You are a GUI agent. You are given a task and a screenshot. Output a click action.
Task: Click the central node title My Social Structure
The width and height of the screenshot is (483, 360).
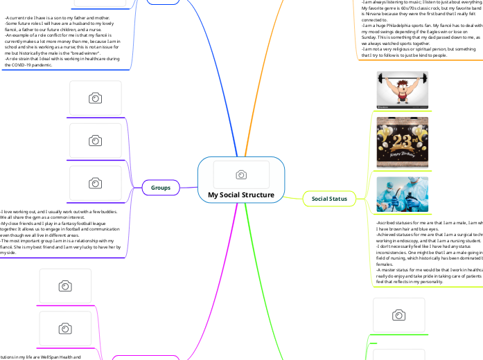(x=240, y=195)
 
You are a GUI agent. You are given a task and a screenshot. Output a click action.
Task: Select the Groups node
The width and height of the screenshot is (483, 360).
(x=161, y=187)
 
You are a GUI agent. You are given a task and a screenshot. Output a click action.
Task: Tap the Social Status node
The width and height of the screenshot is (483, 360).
(x=329, y=199)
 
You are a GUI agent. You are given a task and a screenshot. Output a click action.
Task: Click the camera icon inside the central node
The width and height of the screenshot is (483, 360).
(x=241, y=174)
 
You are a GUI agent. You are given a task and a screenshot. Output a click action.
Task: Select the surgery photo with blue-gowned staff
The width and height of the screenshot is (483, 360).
(x=402, y=194)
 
